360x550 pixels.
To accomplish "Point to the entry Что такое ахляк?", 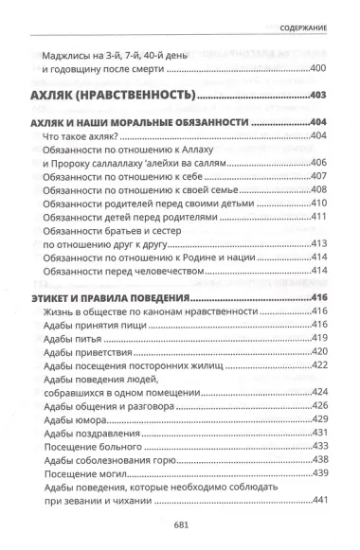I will (x=84, y=137).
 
